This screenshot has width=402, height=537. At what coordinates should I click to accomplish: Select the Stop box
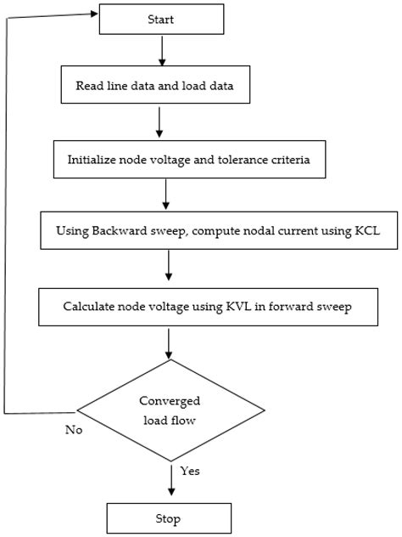168,517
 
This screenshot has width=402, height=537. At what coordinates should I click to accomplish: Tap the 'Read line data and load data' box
159,85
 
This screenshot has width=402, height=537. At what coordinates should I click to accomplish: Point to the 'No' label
74,430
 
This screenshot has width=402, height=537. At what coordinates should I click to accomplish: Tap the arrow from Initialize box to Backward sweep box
166,195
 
